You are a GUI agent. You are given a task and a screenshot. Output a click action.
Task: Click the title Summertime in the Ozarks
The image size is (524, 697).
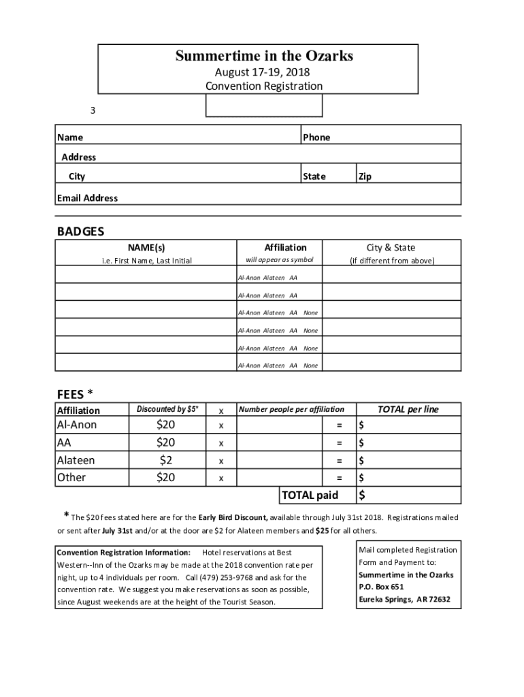264,56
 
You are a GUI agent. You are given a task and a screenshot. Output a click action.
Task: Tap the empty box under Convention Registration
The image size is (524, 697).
264,106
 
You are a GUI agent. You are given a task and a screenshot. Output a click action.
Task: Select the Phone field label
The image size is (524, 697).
316,137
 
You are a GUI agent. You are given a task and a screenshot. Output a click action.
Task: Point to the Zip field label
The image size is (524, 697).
365,176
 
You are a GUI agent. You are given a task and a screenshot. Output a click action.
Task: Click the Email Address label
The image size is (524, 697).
87,198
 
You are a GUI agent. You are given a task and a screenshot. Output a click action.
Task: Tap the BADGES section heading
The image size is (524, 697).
80,231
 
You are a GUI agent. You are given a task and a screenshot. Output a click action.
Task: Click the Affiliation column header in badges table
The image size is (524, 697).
285,248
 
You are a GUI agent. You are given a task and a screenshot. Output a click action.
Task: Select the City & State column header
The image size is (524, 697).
391,248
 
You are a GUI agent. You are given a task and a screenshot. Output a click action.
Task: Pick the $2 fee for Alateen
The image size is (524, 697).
165,460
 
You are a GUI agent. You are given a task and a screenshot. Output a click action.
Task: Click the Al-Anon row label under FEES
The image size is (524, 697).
77,425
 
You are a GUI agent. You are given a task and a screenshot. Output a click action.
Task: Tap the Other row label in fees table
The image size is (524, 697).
71,477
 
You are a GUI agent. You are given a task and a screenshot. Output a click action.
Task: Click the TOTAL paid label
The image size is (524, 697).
310,495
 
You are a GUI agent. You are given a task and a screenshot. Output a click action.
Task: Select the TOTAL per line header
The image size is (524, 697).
408,409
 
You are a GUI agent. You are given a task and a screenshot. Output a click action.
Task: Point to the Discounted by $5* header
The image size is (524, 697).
167,409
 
